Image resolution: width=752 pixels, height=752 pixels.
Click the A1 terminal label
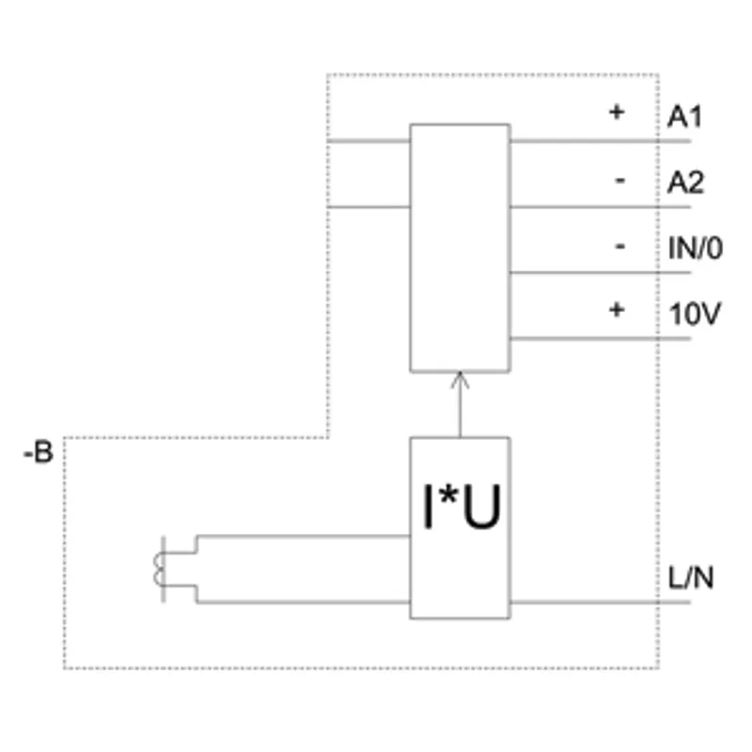click(x=685, y=117)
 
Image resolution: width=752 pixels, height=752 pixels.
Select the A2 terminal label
click(x=686, y=182)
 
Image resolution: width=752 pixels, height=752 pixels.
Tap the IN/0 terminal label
click(x=696, y=248)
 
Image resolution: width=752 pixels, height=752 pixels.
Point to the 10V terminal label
click(x=695, y=314)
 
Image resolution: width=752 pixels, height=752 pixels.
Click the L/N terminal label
click(x=691, y=578)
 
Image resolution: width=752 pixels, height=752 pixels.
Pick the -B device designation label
click(x=39, y=452)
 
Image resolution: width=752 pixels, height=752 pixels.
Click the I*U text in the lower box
click(x=462, y=507)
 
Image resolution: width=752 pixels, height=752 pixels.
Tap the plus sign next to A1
click(x=617, y=112)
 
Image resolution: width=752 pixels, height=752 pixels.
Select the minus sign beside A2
click(x=620, y=180)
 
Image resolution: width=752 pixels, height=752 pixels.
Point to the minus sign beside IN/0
click(x=620, y=246)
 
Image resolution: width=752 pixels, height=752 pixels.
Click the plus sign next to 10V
click(x=617, y=310)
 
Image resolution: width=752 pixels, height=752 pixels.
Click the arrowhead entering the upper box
click(x=460, y=379)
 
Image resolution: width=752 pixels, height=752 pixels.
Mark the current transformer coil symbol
click(x=160, y=569)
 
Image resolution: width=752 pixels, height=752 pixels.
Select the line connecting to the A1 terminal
click(x=601, y=142)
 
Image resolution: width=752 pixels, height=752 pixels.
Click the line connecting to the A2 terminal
click(x=601, y=207)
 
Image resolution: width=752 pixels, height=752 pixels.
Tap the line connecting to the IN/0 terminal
click(x=601, y=273)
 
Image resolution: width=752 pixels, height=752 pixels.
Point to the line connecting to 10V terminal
click(x=601, y=338)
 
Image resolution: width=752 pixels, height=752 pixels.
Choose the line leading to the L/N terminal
click(x=601, y=603)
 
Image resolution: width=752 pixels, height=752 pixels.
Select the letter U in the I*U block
click(x=482, y=507)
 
